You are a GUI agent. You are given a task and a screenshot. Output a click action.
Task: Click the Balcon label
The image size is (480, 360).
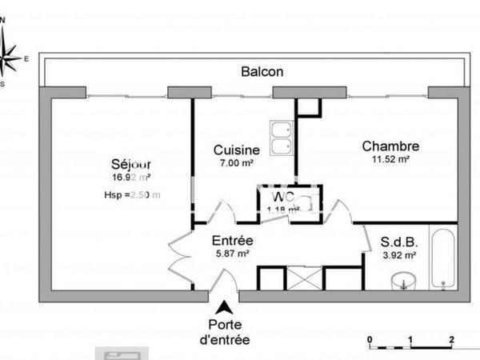pyautogui.click(x=262, y=71)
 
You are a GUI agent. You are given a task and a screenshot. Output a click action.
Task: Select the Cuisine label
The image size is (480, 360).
pyautogui.click(x=235, y=150)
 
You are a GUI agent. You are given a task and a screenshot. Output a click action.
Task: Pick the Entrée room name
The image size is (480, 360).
pyautogui.click(x=233, y=240)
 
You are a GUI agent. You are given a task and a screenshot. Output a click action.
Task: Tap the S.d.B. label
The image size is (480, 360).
pyautogui.click(x=398, y=240)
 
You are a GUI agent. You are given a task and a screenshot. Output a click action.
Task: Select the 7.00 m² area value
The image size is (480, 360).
pyautogui.click(x=235, y=163)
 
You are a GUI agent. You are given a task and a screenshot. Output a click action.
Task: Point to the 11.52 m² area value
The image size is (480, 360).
pyautogui.click(x=390, y=159)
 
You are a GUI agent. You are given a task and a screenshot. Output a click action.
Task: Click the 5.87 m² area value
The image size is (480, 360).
pyautogui.click(x=233, y=254)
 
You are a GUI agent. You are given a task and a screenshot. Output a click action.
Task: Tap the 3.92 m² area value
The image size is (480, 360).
pyautogui.click(x=398, y=255)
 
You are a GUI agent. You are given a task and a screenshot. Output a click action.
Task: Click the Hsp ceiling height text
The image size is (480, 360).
pyautogui.click(x=132, y=194)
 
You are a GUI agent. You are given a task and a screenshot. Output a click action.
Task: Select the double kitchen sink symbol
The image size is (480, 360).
pyautogui.click(x=281, y=138)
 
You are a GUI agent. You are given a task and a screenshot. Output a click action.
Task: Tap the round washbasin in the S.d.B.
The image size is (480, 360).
pyautogui.click(x=404, y=282)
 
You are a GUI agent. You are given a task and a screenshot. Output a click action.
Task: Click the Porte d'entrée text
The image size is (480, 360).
pyautogui.click(x=228, y=332)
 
